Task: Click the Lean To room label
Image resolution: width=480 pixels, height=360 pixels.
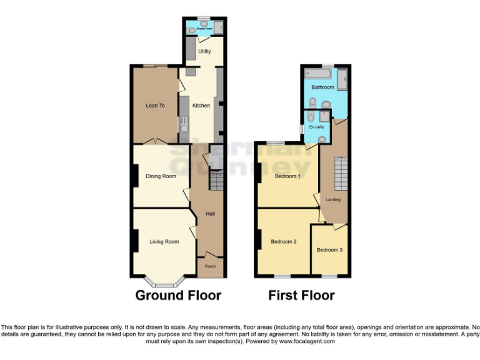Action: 155,106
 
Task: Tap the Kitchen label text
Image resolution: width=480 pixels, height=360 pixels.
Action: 201,106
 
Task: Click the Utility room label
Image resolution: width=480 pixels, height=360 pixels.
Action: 204,51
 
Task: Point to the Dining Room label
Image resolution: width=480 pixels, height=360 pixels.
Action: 161,176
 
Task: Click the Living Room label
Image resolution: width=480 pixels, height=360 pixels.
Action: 164,241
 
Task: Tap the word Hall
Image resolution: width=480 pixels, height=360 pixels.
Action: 211,214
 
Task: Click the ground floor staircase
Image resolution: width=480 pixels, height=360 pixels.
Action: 216,182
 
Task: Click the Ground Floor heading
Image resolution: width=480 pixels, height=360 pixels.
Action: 178,295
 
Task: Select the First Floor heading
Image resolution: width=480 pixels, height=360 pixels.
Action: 301,295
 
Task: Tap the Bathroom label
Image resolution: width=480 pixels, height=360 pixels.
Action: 323,87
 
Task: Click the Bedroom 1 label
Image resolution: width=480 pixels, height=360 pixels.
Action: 287,176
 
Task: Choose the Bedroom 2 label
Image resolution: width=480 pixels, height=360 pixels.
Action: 283,241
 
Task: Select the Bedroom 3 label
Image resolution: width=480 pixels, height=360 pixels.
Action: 329,250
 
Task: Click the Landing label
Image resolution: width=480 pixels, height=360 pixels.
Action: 333,199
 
